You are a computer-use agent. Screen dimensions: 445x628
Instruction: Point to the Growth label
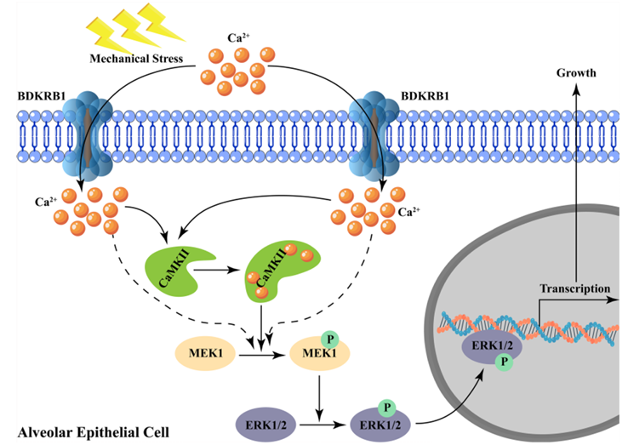(x=575, y=74)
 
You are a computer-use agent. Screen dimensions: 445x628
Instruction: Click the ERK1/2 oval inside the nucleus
(x=491, y=347)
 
